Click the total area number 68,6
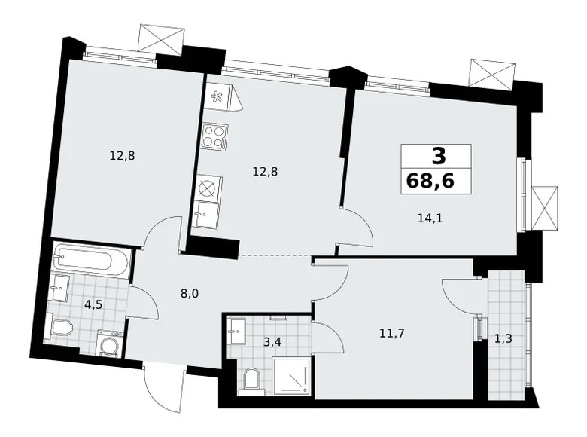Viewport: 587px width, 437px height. pos(430,182)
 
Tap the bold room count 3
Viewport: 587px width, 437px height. pos(439,156)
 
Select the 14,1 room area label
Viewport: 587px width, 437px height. pos(430,218)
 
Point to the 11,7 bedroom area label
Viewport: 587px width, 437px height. pos(392,333)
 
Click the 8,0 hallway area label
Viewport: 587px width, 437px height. pos(190,293)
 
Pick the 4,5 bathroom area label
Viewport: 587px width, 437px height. pos(93,304)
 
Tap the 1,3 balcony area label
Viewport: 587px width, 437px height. pos(503,339)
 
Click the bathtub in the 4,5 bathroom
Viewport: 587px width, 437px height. pos(92,259)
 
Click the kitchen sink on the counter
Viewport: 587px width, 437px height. pos(205,215)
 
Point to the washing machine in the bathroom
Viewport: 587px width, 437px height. pos(110,344)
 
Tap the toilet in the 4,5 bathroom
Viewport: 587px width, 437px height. pos(59,326)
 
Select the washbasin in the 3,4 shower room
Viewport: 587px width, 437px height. pos(236,332)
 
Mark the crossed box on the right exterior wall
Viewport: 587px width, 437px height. pos(545,209)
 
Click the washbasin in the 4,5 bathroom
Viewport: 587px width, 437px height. pos(59,289)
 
